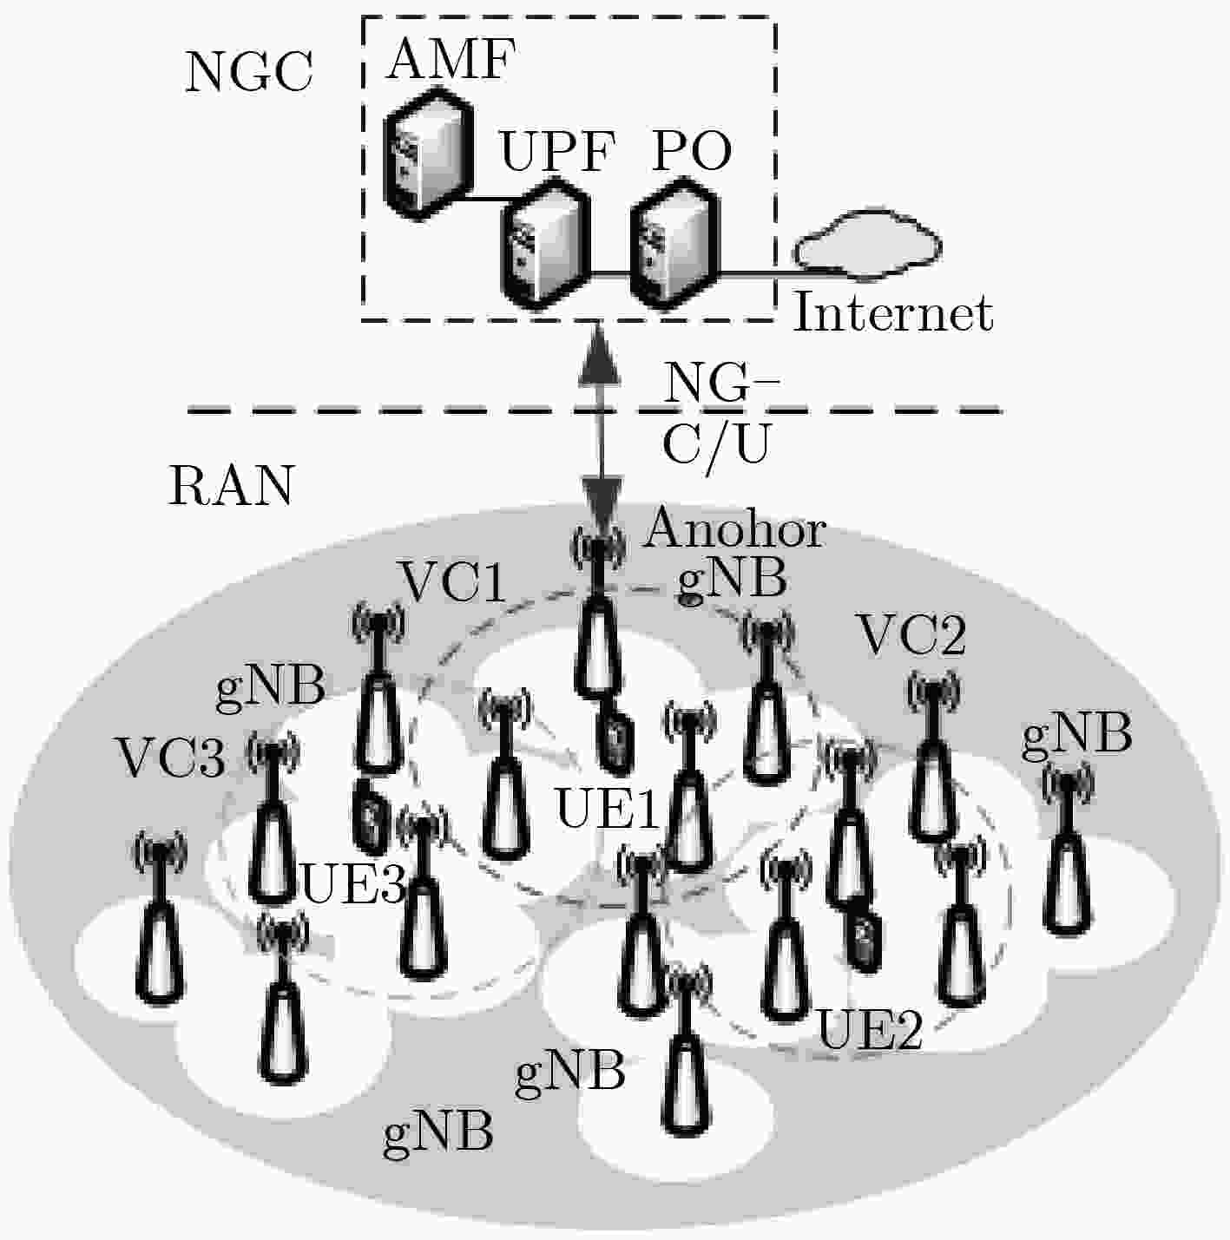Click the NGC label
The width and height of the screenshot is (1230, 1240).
(249, 72)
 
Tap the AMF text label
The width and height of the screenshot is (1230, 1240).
(451, 60)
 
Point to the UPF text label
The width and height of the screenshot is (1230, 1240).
(557, 152)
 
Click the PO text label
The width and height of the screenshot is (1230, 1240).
(692, 152)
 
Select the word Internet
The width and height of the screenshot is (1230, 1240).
(892, 313)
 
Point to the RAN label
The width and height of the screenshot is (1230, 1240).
(231, 485)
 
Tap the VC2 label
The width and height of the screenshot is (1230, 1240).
(912, 636)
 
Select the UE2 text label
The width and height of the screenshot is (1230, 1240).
(871, 1031)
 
